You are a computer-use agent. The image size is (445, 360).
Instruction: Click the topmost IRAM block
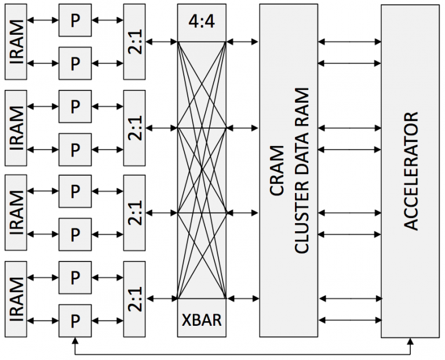pyautogui.click(x=16, y=42)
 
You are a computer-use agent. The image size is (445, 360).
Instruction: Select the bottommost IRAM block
pyautogui.click(x=16, y=299)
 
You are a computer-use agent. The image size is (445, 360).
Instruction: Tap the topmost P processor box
pyautogui.click(x=75, y=20)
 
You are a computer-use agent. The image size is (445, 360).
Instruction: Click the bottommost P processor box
pyautogui.click(x=75, y=321)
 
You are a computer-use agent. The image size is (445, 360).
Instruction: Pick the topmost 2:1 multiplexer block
pyautogui.click(x=134, y=42)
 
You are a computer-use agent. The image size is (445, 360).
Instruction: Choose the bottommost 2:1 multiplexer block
pyautogui.click(x=134, y=299)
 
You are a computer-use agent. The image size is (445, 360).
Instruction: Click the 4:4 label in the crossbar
pyautogui.click(x=202, y=21)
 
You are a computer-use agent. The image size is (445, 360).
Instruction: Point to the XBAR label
pyautogui.click(x=202, y=320)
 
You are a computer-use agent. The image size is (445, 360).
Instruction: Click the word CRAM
pyautogui.click(x=277, y=170)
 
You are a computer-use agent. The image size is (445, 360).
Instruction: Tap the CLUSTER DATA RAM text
pyautogui.click(x=301, y=170)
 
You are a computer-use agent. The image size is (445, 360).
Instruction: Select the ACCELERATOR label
pyautogui.click(x=411, y=171)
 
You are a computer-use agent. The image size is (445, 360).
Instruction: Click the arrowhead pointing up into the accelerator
pyautogui.click(x=410, y=341)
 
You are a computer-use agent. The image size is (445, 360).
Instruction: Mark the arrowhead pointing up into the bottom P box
pyautogui.click(x=75, y=341)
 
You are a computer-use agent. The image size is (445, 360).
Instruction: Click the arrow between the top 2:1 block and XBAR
pyautogui.click(x=162, y=42)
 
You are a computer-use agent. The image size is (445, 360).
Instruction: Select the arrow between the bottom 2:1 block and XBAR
pyautogui.click(x=162, y=299)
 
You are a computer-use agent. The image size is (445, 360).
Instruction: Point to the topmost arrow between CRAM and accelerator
pyautogui.click(x=349, y=42)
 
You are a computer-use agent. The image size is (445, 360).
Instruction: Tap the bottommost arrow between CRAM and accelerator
pyautogui.click(x=350, y=320)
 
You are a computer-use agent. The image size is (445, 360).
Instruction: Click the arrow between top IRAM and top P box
pyautogui.click(x=42, y=20)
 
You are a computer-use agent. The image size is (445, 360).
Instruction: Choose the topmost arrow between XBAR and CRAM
pyautogui.click(x=243, y=42)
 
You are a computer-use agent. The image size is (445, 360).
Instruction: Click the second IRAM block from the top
pyautogui.click(x=16, y=128)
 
